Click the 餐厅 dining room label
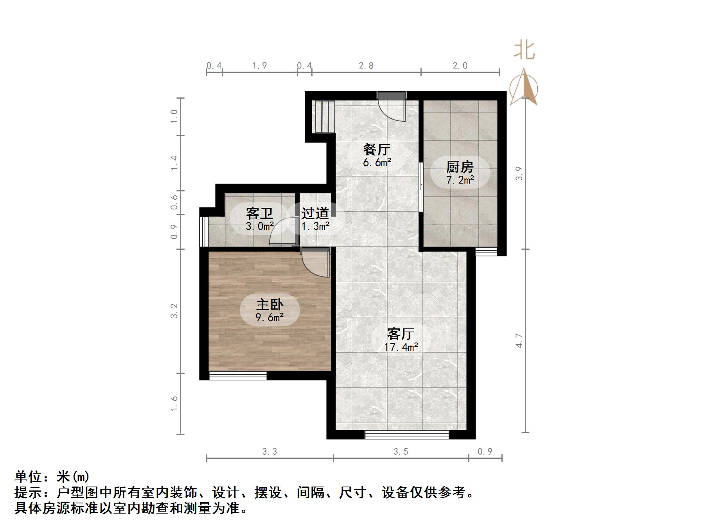(x=377, y=150)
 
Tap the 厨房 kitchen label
(x=460, y=167)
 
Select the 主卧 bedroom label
(x=269, y=305)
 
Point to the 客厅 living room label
(x=401, y=334)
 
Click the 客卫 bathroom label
(x=259, y=214)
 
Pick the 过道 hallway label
(x=315, y=214)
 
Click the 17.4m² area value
(x=401, y=347)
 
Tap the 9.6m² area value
(x=269, y=317)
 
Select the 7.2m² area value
(x=460, y=180)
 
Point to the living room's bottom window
(x=407, y=434)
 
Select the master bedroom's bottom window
(x=238, y=376)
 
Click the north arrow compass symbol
(x=524, y=88)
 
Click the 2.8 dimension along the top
(x=366, y=66)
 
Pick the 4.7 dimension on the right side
(x=519, y=341)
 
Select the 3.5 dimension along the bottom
(x=401, y=452)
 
